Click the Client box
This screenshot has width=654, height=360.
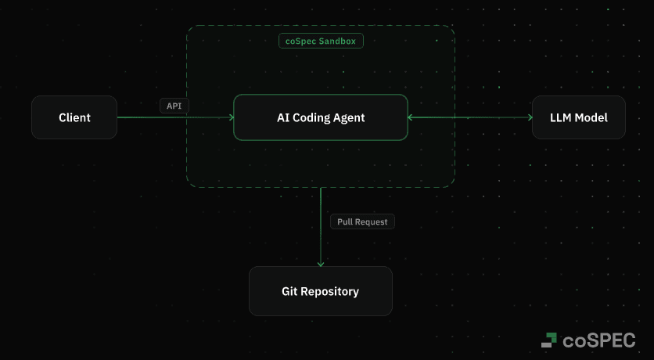click(74, 117)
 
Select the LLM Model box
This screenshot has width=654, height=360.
click(578, 117)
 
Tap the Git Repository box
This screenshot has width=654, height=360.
click(320, 291)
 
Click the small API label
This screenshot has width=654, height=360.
click(174, 106)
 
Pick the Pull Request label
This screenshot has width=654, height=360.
click(362, 221)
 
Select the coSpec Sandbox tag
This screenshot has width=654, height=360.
click(321, 41)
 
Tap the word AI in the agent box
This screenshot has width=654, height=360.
click(283, 117)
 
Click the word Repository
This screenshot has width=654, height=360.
click(332, 291)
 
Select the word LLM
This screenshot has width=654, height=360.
click(560, 117)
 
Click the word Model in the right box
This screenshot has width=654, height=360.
click(590, 117)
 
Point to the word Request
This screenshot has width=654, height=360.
click(372, 221)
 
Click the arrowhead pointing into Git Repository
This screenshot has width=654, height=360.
click(321, 264)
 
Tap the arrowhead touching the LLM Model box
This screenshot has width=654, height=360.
click(529, 117)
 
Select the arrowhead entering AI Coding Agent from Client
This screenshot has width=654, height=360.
click(231, 117)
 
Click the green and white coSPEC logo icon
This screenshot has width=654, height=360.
click(549, 340)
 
